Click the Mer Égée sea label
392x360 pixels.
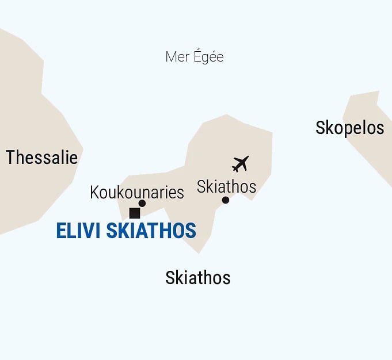point(194,57)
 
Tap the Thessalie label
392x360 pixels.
point(41,157)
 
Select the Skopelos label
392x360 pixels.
point(349,127)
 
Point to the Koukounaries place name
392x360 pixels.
point(137,192)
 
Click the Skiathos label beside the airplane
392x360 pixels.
point(226,186)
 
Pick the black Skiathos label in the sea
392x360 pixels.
point(197,278)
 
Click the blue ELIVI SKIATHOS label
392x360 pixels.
point(126,231)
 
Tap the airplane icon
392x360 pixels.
point(240,163)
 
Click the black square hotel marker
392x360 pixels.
point(135,213)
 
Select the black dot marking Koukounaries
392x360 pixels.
point(142,203)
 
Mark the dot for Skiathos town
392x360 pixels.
point(226,200)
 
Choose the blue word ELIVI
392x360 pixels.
point(79,231)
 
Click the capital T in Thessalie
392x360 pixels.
point(10,157)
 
